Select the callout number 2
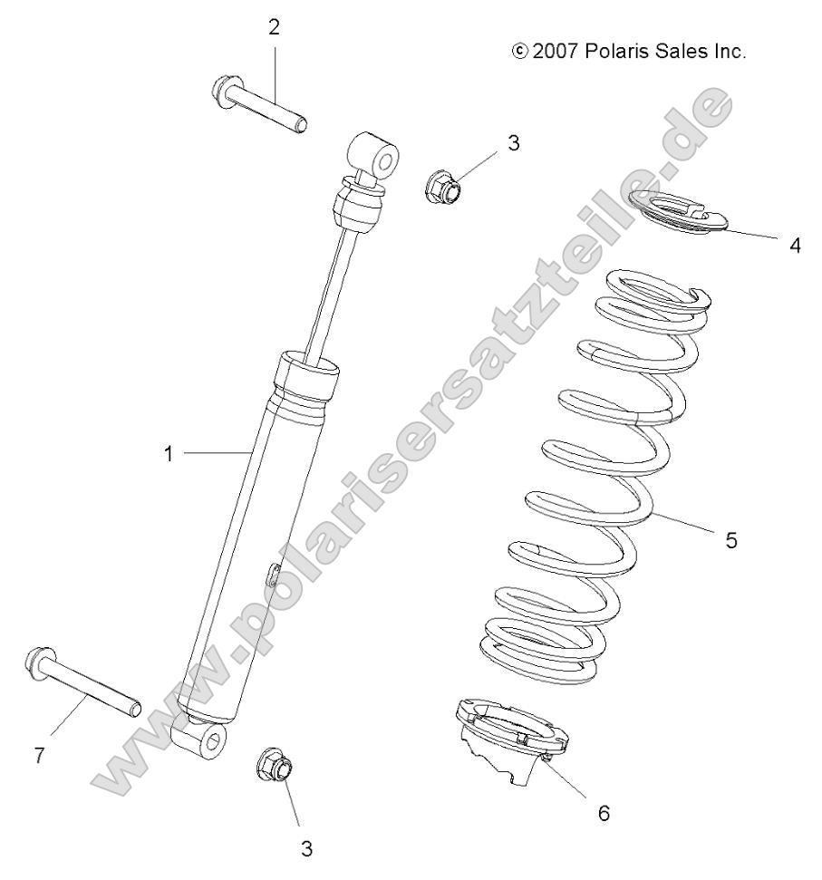coord(274,27)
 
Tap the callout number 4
coord(795,246)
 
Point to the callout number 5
coord(730,540)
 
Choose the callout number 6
coord(604,813)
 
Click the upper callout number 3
coord(513,142)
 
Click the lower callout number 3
coord(306,848)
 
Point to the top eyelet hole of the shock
coord(386,163)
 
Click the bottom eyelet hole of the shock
coord(215,742)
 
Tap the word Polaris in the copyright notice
coord(618,52)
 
